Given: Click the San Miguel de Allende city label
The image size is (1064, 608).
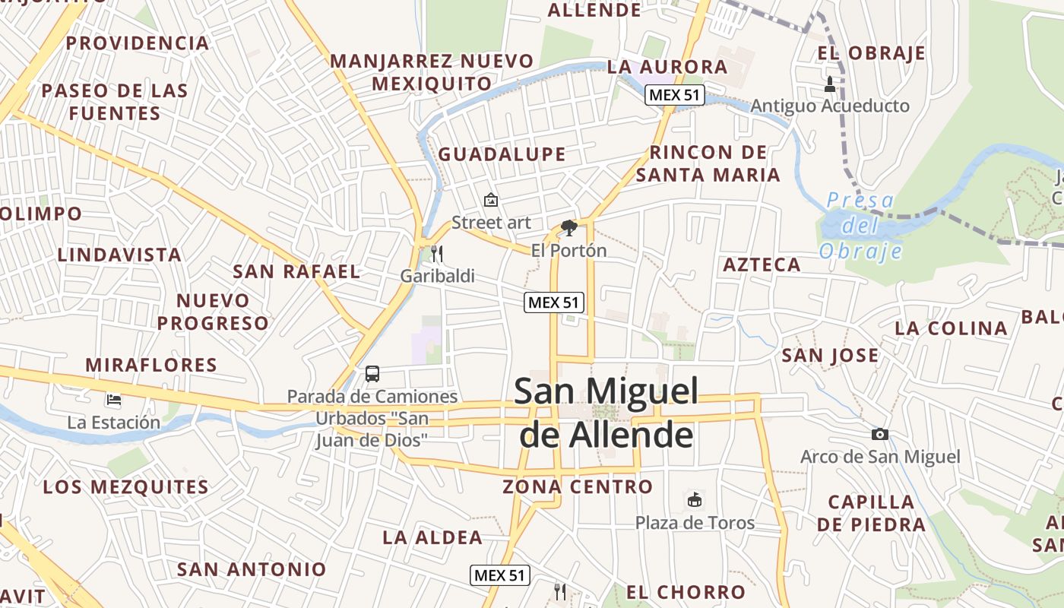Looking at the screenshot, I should pyautogui.click(x=606, y=413).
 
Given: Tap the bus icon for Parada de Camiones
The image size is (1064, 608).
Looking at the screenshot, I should pyautogui.click(x=372, y=373).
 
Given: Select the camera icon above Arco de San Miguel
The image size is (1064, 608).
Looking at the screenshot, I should pyautogui.click(x=880, y=434).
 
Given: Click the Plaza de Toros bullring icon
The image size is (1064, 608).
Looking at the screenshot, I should pyautogui.click(x=694, y=499).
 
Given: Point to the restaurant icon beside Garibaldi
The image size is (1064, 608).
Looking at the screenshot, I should pyautogui.click(x=437, y=253).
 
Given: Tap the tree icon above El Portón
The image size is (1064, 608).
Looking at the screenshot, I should pyautogui.click(x=568, y=227).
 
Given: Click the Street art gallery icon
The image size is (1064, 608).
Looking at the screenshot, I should pyautogui.click(x=491, y=201).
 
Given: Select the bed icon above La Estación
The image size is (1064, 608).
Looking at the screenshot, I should pyautogui.click(x=114, y=398).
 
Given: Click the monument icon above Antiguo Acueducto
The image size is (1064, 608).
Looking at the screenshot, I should pyautogui.click(x=830, y=83).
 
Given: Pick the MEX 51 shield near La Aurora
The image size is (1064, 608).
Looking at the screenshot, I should pyautogui.click(x=675, y=95).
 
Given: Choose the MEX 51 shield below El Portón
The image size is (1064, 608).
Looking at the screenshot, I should pyautogui.click(x=554, y=302).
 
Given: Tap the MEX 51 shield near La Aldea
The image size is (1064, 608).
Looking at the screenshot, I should pyautogui.click(x=499, y=575).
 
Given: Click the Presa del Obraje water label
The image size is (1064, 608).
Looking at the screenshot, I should pyautogui.click(x=860, y=226).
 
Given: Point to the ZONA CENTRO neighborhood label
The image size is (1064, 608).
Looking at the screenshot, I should pyautogui.click(x=578, y=486).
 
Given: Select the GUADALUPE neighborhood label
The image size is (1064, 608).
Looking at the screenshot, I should pyautogui.click(x=502, y=154).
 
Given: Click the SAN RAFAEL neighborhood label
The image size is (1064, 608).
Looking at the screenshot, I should pyautogui.click(x=296, y=271).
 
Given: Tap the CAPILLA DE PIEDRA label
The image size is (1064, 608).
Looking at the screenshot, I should pyautogui.click(x=872, y=513).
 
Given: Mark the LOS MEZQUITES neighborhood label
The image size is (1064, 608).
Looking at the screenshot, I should pyautogui.click(x=125, y=487).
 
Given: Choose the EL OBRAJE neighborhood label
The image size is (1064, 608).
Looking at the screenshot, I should pyautogui.click(x=871, y=53).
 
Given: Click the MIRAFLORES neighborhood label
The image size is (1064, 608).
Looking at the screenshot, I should pyautogui.click(x=151, y=365).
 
